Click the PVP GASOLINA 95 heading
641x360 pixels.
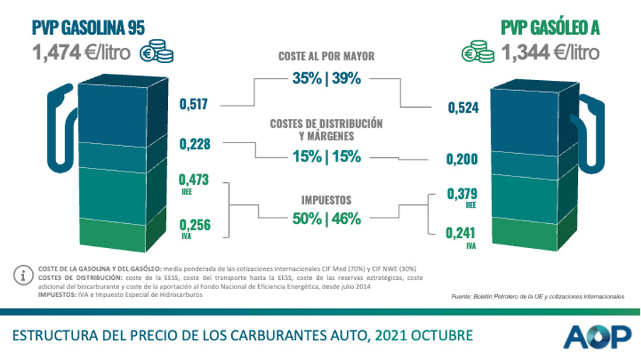89,28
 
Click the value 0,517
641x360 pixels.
193,105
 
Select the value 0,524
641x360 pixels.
462,108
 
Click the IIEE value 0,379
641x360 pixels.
462,193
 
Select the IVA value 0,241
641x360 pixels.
462,232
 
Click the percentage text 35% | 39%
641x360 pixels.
326,79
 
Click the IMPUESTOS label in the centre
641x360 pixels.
326,200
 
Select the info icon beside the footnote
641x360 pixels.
26,274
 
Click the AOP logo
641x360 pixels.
597,336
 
